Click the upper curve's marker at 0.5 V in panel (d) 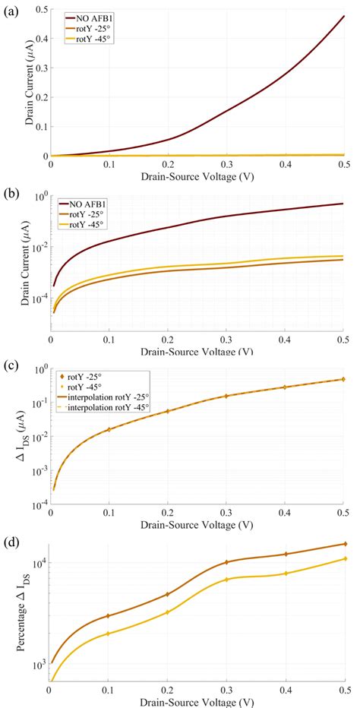344,544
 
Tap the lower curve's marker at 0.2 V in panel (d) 167,612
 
